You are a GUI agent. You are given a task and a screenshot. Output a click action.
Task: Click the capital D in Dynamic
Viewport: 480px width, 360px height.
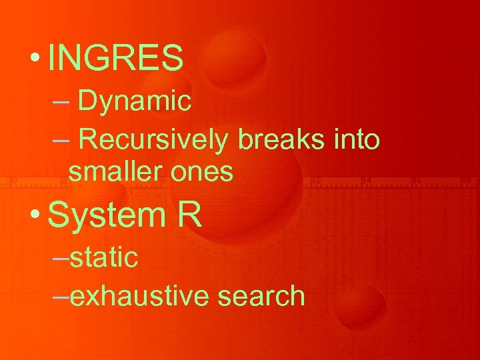pyautogui.click(x=87, y=101)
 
